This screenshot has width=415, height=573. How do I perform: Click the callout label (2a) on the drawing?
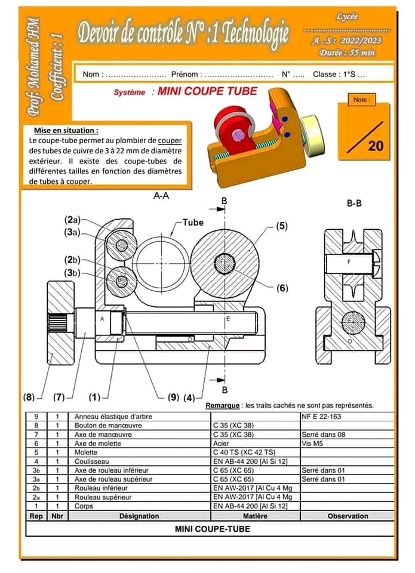[x=71, y=220]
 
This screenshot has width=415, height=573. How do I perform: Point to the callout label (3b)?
[x=72, y=273]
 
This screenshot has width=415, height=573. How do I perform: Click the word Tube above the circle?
[x=192, y=223]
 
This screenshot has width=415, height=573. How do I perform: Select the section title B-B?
[x=355, y=203]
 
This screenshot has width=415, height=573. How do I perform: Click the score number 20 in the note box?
[x=376, y=145]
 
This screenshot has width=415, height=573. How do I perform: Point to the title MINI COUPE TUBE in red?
[x=207, y=91]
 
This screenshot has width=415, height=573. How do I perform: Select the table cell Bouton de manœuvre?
[x=102, y=426]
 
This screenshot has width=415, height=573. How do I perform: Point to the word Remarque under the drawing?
[x=222, y=405]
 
